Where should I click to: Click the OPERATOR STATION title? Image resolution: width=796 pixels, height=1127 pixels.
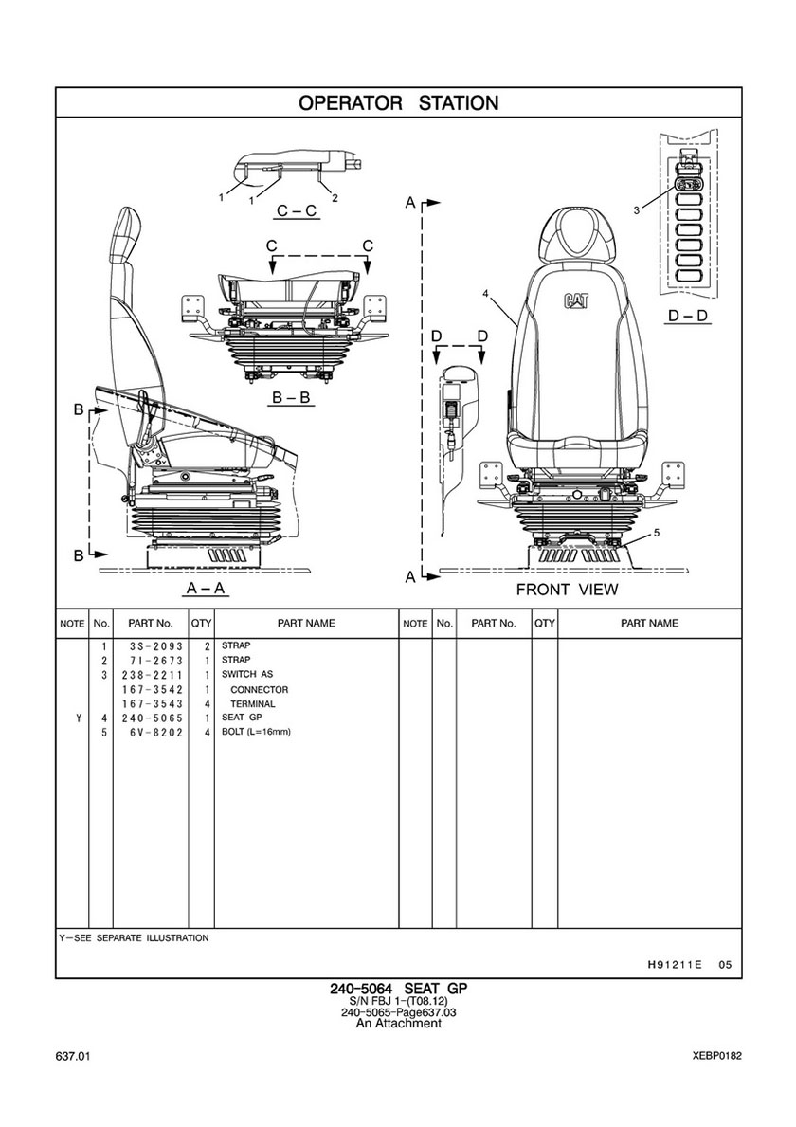point(398,102)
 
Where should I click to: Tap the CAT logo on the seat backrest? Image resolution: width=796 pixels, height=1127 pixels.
point(575,300)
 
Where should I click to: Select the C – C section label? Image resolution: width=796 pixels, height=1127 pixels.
point(297,210)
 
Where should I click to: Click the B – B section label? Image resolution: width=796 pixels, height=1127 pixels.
point(291,397)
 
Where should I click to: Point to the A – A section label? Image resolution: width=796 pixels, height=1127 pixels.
point(207,589)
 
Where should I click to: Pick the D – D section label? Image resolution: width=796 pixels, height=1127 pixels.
point(688,316)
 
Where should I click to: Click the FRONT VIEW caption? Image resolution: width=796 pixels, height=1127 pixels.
point(567,591)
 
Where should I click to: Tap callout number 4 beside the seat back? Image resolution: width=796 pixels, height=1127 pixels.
point(485,294)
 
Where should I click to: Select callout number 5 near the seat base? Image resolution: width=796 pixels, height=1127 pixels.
point(658,533)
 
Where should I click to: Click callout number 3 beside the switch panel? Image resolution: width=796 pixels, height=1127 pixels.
point(637,209)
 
